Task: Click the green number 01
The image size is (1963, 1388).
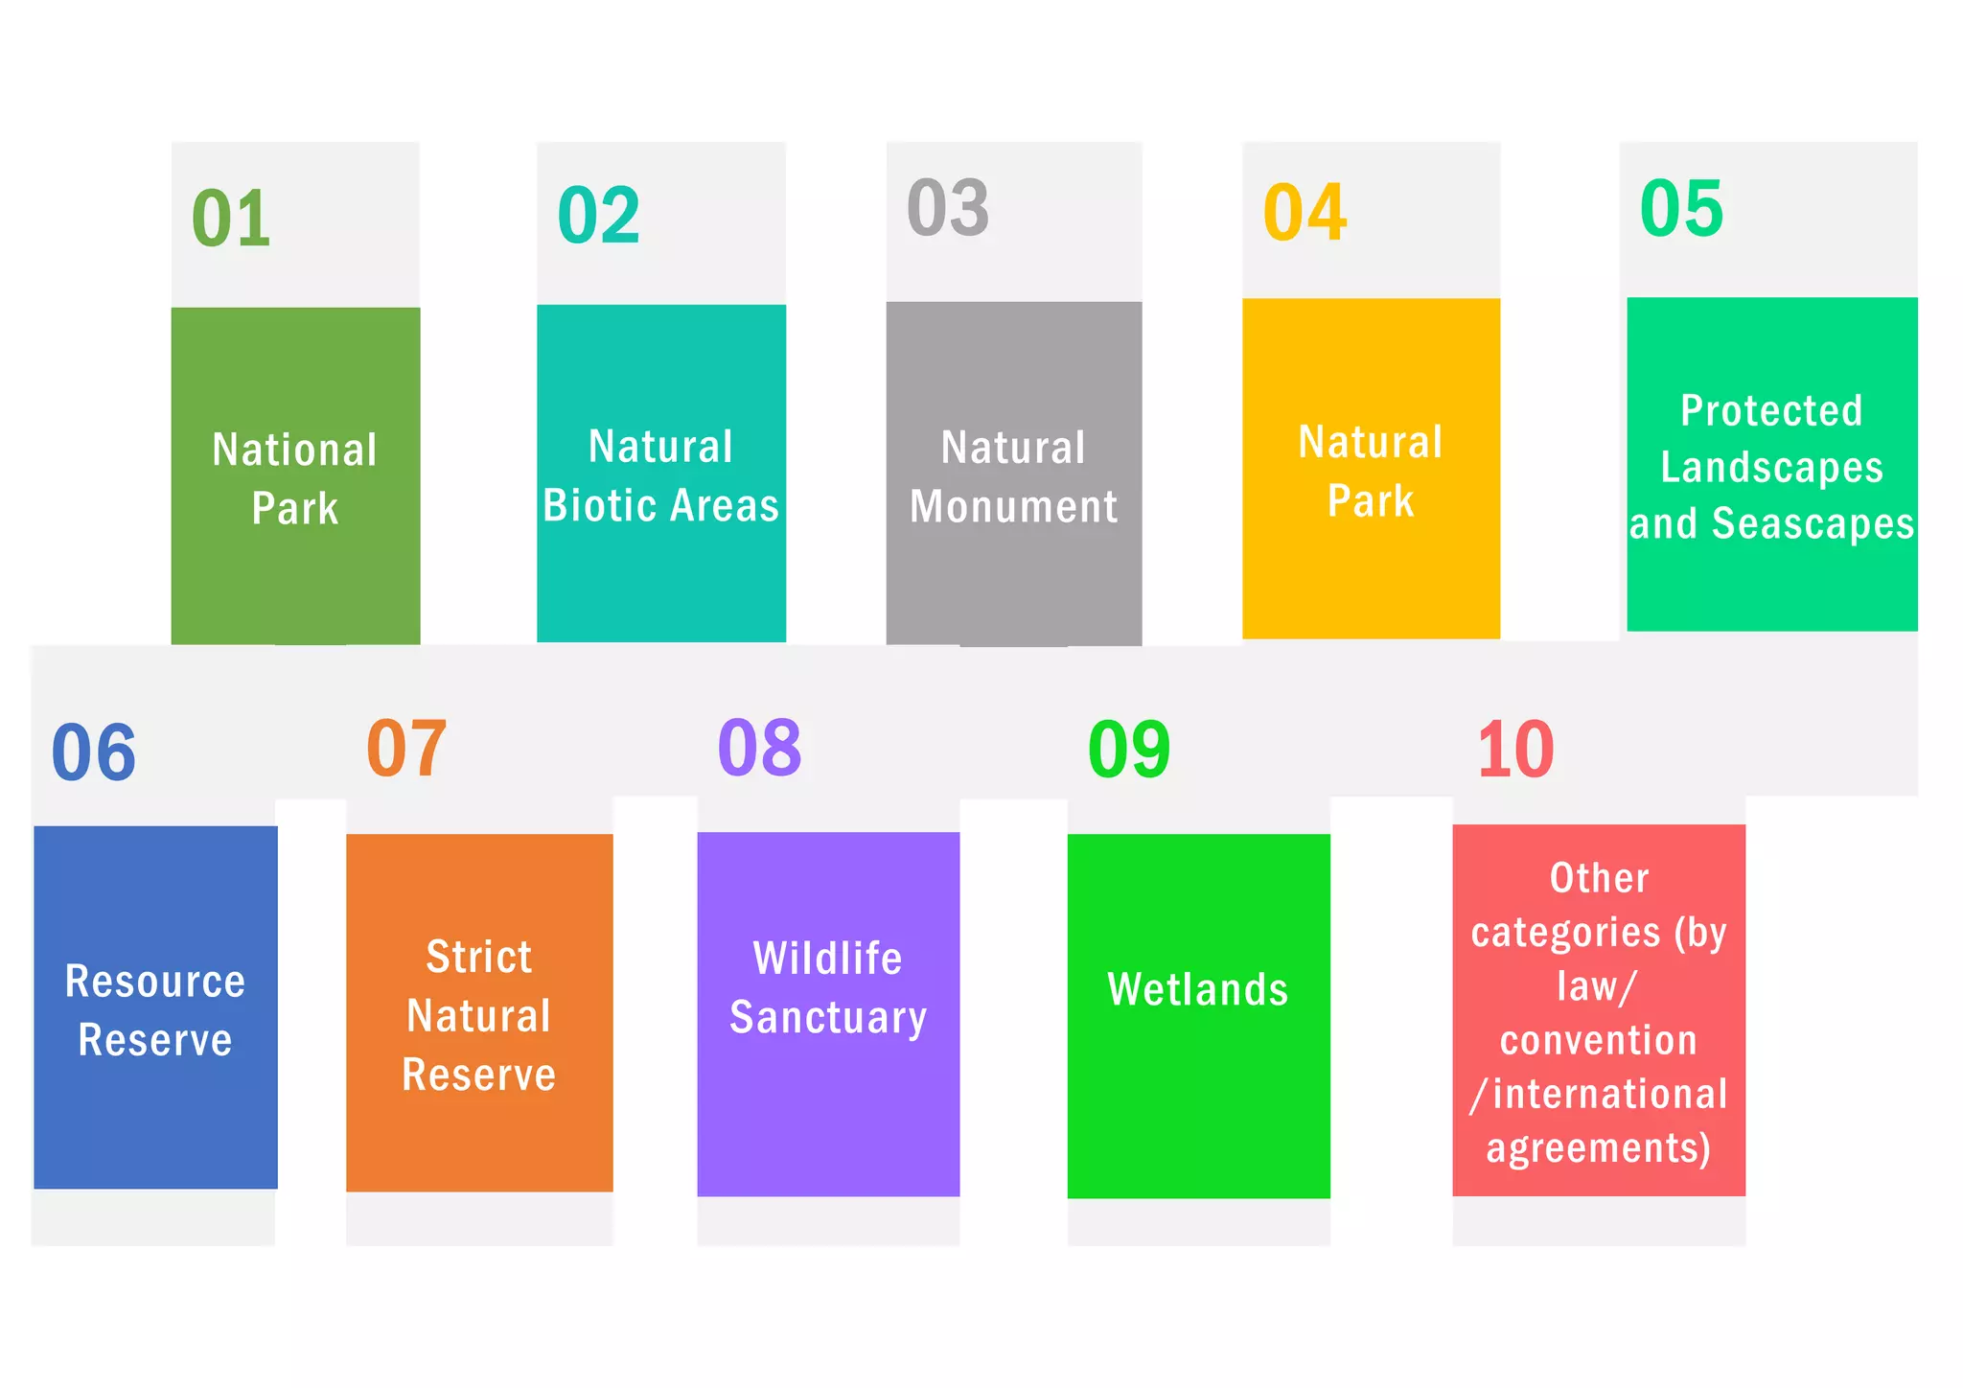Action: pyautogui.click(x=231, y=219)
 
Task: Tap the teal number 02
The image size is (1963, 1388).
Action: pyautogui.click(x=598, y=216)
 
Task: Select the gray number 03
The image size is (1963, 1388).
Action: pyautogui.click(x=947, y=208)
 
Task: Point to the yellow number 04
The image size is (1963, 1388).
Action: pyautogui.click(x=1305, y=213)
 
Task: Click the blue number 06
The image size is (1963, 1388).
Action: pyautogui.click(x=93, y=752)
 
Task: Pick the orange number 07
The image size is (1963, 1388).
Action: pyautogui.click(x=406, y=748)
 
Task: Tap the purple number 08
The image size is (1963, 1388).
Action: pyautogui.click(x=759, y=748)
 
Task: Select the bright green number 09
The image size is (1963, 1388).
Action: pyautogui.click(x=1128, y=750)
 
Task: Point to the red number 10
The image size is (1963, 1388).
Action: pyautogui.click(x=1515, y=750)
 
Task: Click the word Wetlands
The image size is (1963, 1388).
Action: pyautogui.click(x=1197, y=989)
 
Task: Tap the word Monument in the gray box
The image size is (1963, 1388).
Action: pyautogui.click(x=1013, y=506)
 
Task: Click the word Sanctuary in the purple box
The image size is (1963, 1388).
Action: pyautogui.click(x=828, y=1017)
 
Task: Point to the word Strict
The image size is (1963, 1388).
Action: pyautogui.click(x=478, y=957)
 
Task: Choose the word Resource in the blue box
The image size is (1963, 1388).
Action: pyautogui.click(x=155, y=982)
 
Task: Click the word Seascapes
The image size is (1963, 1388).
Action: pyautogui.click(x=1813, y=523)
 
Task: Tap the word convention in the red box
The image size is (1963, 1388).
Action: pyautogui.click(x=1598, y=1040)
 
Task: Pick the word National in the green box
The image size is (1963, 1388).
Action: pyautogui.click(x=294, y=450)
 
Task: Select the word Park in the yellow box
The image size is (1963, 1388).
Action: pyautogui.click(x=1370, y=500)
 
